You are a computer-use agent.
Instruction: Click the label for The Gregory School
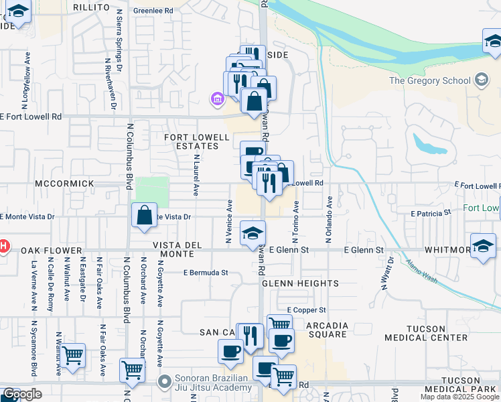tap(430, 81)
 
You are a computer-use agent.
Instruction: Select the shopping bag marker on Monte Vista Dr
tap(145, 216)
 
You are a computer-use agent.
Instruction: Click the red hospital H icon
tap(3, 246)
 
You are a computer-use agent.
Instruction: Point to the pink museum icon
tap(217, 100)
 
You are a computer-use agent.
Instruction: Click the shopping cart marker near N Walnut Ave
tap(72, 355)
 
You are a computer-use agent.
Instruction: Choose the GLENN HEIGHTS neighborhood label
tap(300, 283)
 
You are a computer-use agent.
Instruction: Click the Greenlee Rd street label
tap(153, 11)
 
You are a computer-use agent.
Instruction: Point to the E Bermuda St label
tap(206, 273)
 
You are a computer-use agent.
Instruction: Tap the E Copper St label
tap(306, 310)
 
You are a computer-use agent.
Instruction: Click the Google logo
tap(22, 394)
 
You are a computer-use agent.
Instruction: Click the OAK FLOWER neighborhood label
tap(46, 251)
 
